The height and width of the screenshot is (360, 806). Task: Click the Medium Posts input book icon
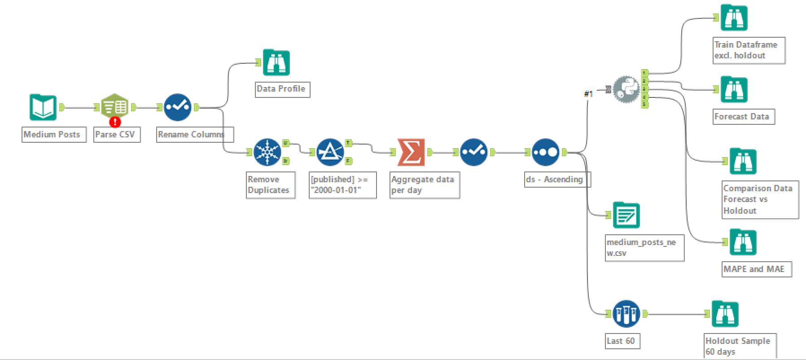pos(43,107)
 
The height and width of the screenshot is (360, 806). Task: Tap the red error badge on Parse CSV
pos(115,121)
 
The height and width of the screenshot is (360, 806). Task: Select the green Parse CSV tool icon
pos(115,106)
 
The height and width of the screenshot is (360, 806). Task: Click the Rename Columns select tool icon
pos(178,107)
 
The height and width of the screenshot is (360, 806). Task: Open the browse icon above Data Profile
pos(276,63)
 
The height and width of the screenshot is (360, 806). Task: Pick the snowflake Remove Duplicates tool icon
pos(267,152)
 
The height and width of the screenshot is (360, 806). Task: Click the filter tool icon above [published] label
pos(330,152)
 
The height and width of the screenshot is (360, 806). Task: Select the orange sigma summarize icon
pos(411,152)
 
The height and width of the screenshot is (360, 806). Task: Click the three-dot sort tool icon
pos(546,152)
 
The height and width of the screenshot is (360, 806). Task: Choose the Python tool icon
pos(626,89)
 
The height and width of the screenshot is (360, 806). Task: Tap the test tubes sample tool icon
pos(626,314)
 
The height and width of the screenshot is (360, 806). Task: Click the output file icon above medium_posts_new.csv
pos(626,215)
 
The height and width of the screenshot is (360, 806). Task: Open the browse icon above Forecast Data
pos(734,89)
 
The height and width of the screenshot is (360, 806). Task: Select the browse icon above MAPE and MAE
pos(743,242)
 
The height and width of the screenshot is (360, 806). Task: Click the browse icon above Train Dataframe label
pos(734,18)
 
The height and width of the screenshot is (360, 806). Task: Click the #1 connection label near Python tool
pos(588,94)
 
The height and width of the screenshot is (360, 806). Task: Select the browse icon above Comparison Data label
pos(743,161)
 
